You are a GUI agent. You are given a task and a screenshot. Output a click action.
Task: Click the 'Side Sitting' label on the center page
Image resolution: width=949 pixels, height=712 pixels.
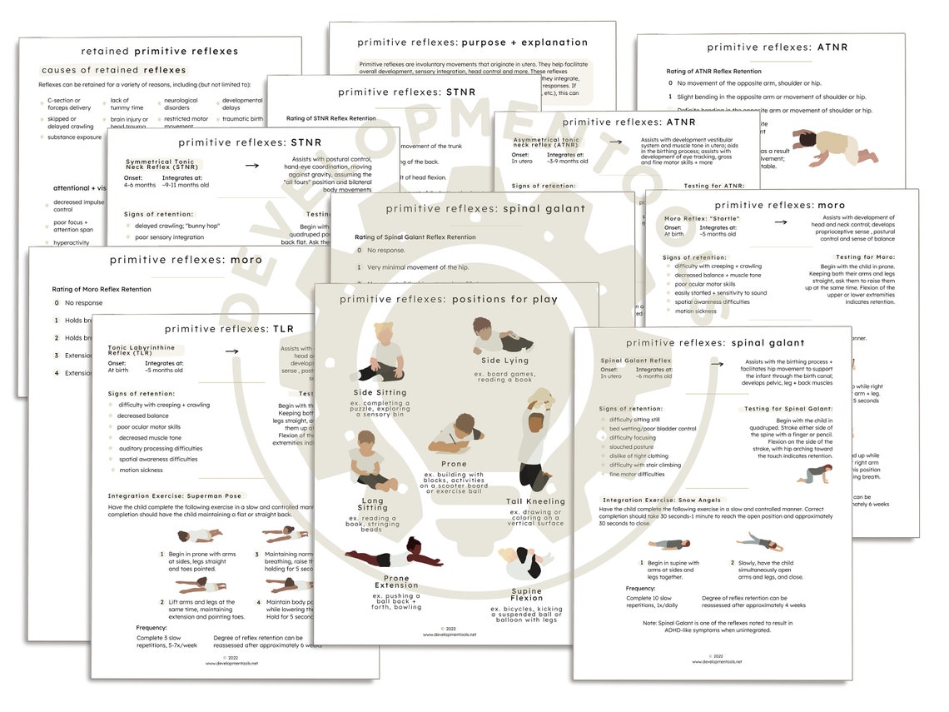click(x=380, y=392)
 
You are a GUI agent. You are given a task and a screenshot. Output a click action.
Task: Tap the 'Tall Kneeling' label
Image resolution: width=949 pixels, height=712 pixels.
click(x=535, y=501)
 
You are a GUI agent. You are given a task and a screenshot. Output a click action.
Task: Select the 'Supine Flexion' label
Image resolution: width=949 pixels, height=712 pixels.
click(x=527, y=595)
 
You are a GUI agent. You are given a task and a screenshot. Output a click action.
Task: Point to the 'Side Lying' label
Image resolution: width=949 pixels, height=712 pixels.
click(x=504, y=361)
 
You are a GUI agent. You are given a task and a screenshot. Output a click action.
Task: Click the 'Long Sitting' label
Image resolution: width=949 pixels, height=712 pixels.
click(x=373, y=503)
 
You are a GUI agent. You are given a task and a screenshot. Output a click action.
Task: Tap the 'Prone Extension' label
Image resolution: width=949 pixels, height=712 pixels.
click(x=396, y=581)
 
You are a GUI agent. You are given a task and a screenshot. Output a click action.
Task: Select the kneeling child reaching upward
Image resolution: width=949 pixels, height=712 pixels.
click(x=535, y=441)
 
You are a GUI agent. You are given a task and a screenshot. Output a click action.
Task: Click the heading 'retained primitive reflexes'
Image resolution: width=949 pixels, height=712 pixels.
click(x=159, y=51)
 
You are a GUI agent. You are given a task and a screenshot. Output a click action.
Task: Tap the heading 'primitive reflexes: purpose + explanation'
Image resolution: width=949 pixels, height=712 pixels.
click(x=472, y=42)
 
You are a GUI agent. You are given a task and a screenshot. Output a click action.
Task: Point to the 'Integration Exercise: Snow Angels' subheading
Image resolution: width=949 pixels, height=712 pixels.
click(x=662, y=500)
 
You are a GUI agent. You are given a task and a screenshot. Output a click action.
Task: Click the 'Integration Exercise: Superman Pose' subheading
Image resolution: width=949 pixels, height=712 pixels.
click(x=174, y=495)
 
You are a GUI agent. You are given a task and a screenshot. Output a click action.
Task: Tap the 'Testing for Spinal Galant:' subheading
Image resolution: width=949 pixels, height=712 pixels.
click(x=788, y=409)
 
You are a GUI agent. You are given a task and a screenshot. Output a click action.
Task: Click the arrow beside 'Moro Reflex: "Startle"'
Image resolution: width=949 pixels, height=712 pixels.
click(x=781, y=222)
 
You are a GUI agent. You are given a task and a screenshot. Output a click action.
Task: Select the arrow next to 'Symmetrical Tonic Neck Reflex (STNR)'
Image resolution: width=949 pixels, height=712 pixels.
click(x=252, y=165)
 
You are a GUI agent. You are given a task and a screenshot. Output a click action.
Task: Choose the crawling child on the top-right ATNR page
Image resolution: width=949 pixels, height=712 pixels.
click(x=832, y=147)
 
